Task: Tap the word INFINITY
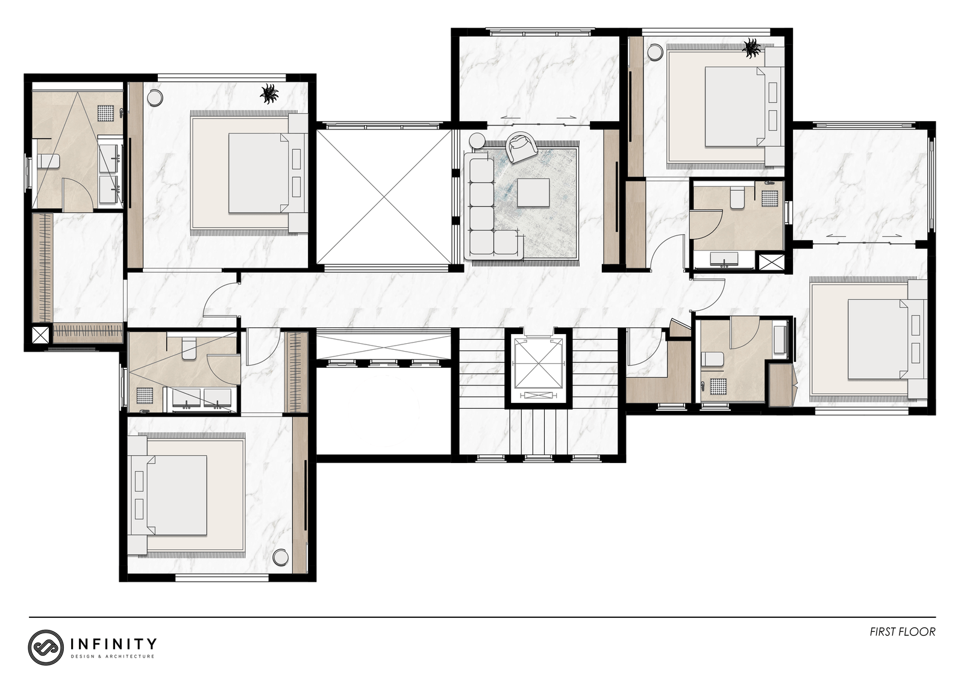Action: point(113,644)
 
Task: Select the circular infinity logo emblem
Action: point(46,647)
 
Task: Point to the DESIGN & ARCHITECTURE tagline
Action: point(112,656)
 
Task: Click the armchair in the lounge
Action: point(521,147)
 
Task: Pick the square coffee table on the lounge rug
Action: point(533,193)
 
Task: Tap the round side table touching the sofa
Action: point(477,141)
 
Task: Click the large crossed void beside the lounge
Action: point(383,197)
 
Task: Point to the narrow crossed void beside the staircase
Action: point(383,345)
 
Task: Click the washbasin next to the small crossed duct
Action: point(724,260)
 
